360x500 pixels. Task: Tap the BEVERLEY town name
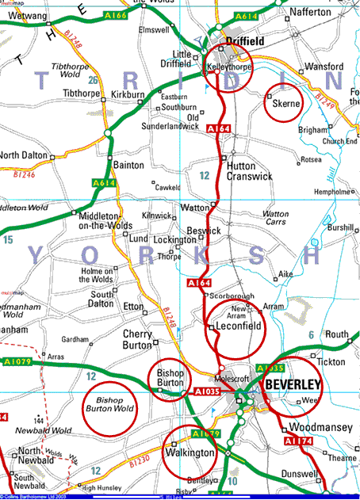click(293, 385)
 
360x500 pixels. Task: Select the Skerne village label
click(285, 103)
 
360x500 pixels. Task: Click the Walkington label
click(190, 452)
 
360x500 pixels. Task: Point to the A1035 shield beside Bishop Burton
click(205, 391)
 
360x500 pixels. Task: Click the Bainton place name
click(129, 165)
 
